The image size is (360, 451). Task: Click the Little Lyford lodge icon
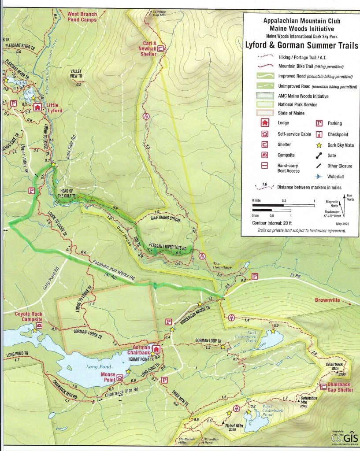point(37,107)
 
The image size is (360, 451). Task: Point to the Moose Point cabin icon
point(120,378)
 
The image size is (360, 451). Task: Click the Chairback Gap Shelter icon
point(323,386)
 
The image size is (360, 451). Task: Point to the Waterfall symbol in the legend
point(317,177)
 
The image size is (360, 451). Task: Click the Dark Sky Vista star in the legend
point(317,145)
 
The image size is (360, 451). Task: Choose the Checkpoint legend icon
point(317,134)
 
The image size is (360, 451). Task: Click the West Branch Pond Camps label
point(82,17)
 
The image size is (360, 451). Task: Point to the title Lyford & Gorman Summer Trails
point(301,44)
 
